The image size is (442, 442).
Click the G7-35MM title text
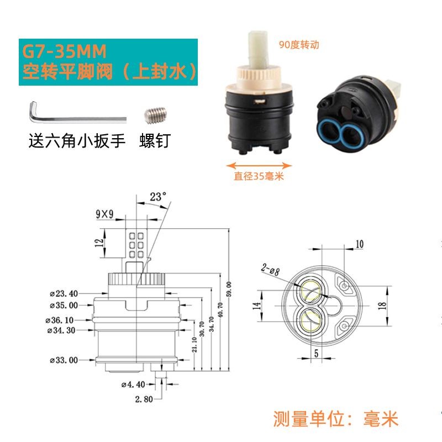coord(64,51)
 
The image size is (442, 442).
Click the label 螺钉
coord(155,141)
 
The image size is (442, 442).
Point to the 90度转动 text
coord(299,45)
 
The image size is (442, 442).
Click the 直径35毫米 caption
coord(259,176)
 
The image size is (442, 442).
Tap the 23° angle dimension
coord(158,197)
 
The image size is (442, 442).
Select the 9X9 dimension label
coord(104,214)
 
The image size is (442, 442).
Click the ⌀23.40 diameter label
coord(64,294)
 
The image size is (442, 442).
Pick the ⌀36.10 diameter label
coord(60,320)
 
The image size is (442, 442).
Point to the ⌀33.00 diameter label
coord(64,360)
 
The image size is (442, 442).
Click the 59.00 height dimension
coord(229,289)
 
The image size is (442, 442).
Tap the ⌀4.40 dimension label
coord(133,385)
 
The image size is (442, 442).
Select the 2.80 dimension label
coord(144,399)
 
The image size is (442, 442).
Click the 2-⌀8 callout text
coord(270,269)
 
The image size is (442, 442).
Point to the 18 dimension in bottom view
coord(382,306)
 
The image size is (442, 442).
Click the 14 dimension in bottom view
coord(256,306)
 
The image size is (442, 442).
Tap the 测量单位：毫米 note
coord(336,419)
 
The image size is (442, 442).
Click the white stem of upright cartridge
coord(258,49)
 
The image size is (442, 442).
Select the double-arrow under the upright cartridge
coord(259,166)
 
